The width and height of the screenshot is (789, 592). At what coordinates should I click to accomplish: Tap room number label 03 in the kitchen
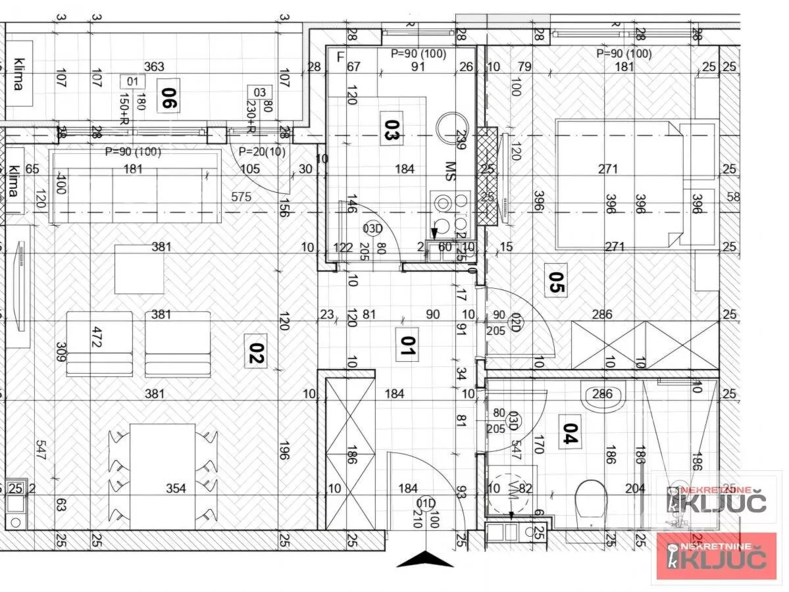point(391,127)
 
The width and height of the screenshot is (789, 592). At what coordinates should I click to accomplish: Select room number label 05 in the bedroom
point(557,280)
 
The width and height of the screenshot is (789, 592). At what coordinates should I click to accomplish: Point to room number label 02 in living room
point(255,349)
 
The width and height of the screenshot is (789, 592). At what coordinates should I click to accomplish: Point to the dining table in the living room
point(163,476)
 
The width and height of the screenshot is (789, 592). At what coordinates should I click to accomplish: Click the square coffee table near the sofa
point(139,269)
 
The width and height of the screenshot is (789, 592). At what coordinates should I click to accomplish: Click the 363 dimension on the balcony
point(154,66)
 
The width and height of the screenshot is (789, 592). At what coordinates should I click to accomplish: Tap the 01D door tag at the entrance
point(426,504)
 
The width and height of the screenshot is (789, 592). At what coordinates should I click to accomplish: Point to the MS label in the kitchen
point(451,169)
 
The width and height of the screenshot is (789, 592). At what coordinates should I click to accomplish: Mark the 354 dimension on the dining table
point(176,488)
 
